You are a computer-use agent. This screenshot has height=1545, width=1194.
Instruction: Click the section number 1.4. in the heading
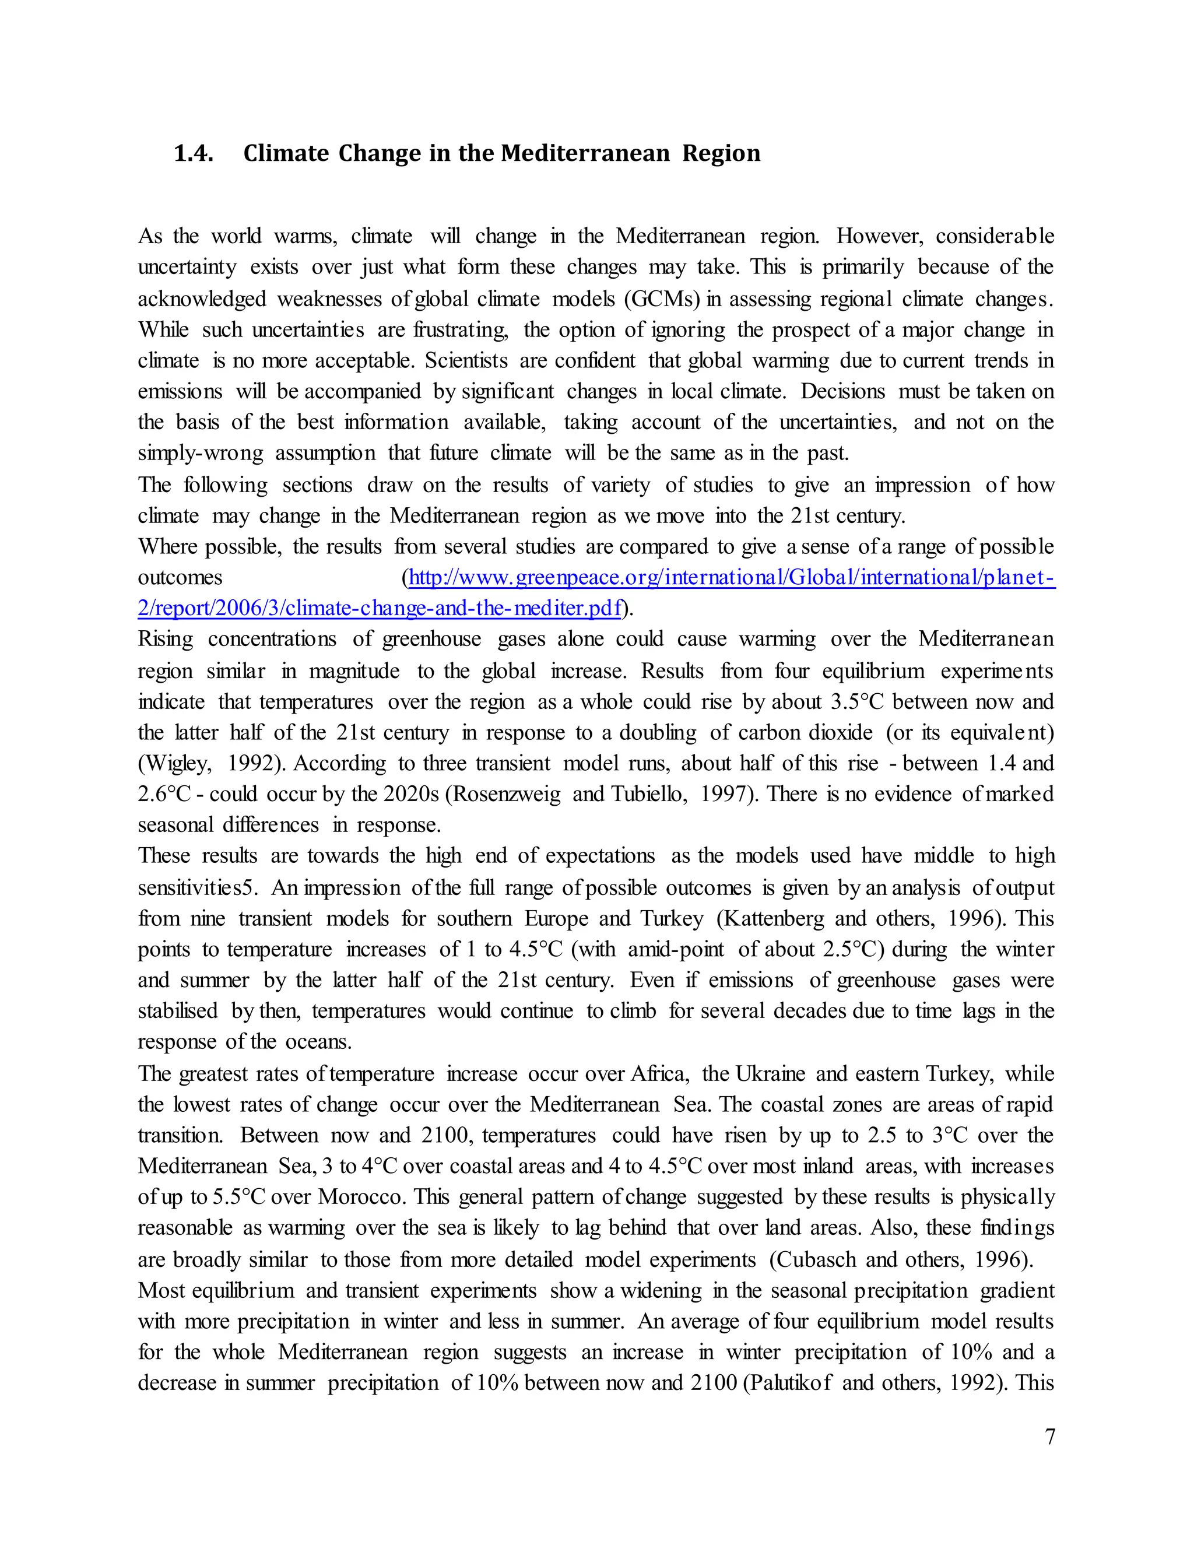(x=194, y=153)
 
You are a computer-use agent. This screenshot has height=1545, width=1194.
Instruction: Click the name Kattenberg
(x=770, y=919)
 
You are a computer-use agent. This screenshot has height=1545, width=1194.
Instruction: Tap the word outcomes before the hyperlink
(x=180, y=578)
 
